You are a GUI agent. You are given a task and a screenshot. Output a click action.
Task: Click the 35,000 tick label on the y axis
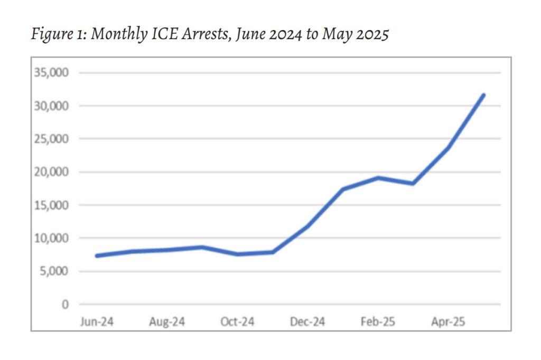(x=51, y=73)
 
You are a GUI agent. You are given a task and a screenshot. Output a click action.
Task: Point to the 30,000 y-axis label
(x=51, y=106)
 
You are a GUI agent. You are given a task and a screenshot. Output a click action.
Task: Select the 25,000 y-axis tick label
(x=51, y=139)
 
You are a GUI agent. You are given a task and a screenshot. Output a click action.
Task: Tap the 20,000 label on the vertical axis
(x=51, y=172)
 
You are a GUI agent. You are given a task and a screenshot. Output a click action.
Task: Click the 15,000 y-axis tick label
(x=51, y=205)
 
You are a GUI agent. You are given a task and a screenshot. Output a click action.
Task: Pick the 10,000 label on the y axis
(x=51, y=239)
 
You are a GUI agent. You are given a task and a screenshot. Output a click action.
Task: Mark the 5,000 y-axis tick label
(x=54, y=271)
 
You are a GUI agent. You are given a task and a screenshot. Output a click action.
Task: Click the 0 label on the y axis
(x=65, y=305)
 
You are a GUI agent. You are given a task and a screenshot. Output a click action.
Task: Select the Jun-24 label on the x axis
(x=96, y=322)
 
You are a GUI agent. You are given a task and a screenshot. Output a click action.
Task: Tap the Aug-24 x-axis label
(x=167, y=322)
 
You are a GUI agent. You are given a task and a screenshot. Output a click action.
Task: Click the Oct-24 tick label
(x=237, y=322)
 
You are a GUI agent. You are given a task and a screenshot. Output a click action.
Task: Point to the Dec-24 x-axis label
(x=307, y=322)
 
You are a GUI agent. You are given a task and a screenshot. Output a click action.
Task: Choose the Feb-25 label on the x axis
(x=378, y=322)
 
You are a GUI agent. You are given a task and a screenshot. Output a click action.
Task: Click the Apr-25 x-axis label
(x=448, y=322)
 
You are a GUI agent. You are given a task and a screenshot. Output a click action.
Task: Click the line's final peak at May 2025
(x=483, y=95)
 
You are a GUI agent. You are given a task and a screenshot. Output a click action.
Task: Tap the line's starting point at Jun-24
(x=97, y=255)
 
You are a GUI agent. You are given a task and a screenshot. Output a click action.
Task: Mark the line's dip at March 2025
(x=413, y=183)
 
